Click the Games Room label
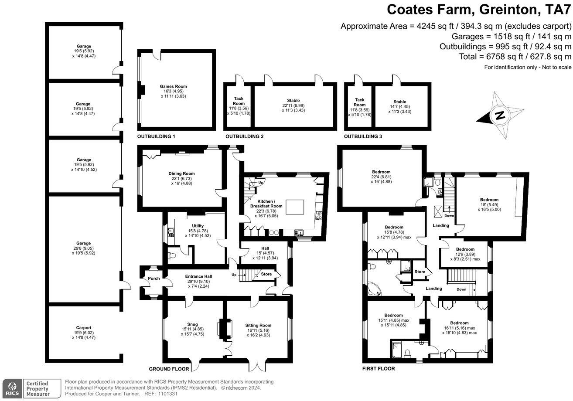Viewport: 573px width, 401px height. click(x=173, y=86)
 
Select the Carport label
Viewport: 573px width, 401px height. click(x=84, y=328)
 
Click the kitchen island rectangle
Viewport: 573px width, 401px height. click(x=295, y=207)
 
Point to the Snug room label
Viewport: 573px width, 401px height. click(x=192, y=324)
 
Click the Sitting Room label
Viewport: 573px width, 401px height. click(x=258, y=325)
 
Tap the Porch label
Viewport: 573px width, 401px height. click(x=154, y=279)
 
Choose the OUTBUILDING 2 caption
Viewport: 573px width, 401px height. click(x=244, y=136)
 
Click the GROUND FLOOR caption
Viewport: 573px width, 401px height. click(x=169, y=369)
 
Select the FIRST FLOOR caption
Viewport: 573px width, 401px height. click(x=379, y=368)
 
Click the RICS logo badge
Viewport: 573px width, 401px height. click(x=12, y=388)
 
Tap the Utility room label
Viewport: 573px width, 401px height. click(x=198, y=226)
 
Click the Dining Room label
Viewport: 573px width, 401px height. click(x=181, y=173)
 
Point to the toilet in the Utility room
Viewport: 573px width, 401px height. click(x=172, y=255)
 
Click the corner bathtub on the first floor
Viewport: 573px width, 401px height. click(x=374, y=289)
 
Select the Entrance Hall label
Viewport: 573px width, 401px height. click(x=198, y=276)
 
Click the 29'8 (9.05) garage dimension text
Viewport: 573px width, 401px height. click(x=83, y=248)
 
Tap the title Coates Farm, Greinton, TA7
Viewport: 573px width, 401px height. click(x=479, y=10)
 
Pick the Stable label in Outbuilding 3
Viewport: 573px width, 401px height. click(x=400, y=102)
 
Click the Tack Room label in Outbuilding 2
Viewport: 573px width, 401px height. click(x=239, y=101)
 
